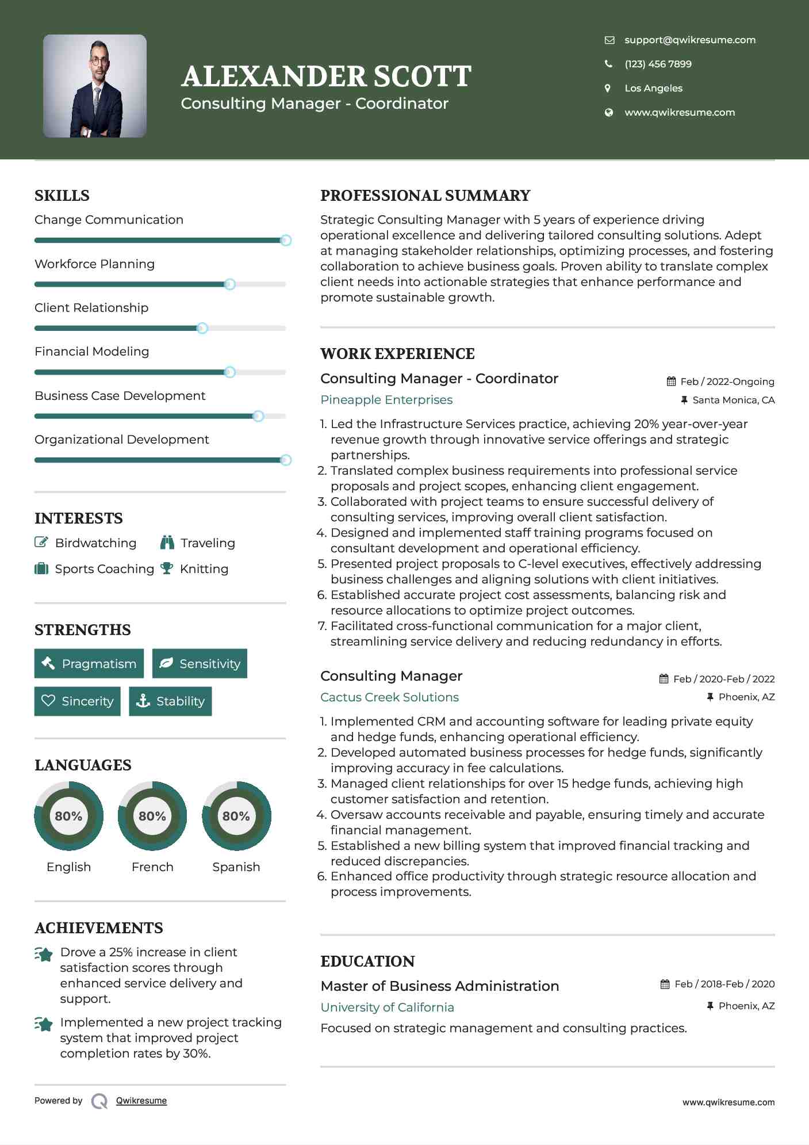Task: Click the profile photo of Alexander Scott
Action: click(95, 86)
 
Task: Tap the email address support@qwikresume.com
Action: click(689, 40)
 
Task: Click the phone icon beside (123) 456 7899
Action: click(608, 64)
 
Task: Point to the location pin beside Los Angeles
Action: click(608, 88)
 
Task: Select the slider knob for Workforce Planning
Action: click(229, 284)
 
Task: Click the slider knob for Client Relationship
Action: click(202, 329)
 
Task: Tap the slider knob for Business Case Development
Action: click(258, 416)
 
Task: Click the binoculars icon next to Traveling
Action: click(167, 543)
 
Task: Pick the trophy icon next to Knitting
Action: click(167, 568)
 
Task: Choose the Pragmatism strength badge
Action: click(89, 663)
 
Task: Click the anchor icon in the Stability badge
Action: click(143, 701)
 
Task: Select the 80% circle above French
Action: click(152, 816)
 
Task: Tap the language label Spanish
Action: click(236, 867)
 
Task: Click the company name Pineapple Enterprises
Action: click(386, 400)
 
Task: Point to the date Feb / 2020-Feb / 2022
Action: click(723, 679)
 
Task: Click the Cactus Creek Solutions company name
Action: click(389, 697)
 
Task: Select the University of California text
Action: click(387, 1007)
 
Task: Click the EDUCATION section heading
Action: click(367, 961)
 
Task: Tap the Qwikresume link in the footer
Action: click(141, 1101)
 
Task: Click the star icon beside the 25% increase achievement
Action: click(44, 955)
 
